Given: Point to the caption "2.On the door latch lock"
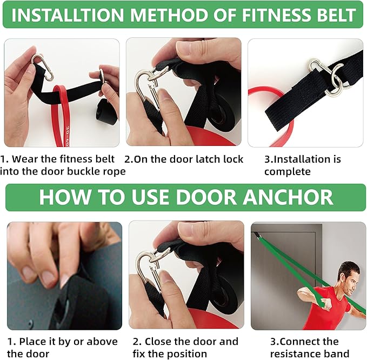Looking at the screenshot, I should pos(184,159).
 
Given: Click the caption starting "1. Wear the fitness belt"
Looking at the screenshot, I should pos(63,165).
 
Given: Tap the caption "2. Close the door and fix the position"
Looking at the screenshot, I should pos(184,348).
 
